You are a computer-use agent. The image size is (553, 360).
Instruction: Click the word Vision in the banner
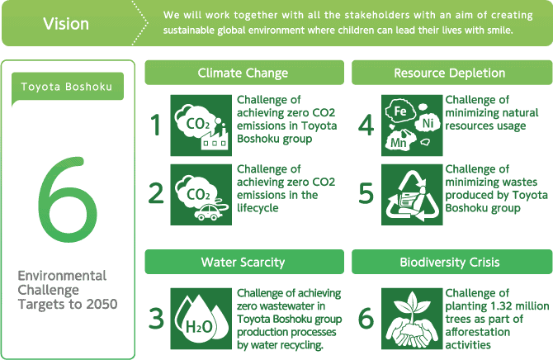(66, 24)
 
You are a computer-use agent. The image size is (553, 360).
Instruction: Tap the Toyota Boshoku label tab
(68, 87)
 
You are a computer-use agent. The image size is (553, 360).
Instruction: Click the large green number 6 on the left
(68, 199)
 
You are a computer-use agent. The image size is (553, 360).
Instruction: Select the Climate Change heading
(244, 73)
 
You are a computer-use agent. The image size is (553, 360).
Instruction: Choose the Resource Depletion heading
(451, 73)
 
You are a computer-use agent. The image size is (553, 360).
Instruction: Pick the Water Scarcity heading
(244, 262)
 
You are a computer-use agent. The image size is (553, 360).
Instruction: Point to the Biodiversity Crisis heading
(451, 262)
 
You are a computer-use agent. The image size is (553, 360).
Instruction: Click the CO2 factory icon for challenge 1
(201, 126)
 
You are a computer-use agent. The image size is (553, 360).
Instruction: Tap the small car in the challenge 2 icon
(207, 212)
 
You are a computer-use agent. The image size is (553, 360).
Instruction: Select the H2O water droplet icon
(201, 319)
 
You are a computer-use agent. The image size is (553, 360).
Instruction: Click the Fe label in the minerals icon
(400, 111)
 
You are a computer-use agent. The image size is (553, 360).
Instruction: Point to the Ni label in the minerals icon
(428, 123)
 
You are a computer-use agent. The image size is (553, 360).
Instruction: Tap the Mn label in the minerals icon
(399, 143)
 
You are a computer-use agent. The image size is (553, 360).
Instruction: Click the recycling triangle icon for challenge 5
(412, 195)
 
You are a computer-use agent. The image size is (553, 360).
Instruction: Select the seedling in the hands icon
(412, 319)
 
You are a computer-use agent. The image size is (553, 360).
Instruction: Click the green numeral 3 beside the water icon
(156, 319)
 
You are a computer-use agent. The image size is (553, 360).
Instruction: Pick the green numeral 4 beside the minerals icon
(366, 125)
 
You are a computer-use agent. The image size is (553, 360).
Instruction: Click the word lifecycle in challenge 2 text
(258, 208)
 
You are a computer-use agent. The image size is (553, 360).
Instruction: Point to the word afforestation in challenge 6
(478, 332)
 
